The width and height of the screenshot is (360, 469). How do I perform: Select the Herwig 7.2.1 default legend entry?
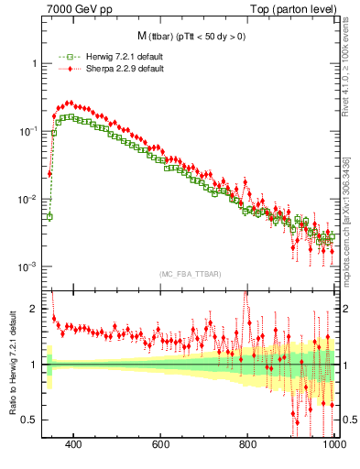click(102, 58)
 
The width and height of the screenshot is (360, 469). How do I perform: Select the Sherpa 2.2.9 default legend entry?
click(102, 69)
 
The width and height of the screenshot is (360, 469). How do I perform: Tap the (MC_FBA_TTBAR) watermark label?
click(189, 274)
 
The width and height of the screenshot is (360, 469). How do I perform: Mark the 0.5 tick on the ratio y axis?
click(29, 420)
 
